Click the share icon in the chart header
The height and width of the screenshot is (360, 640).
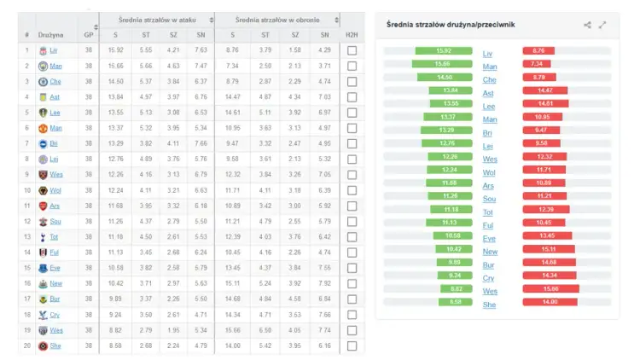[x=587, y=25]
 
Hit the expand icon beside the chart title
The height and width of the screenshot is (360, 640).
[x=602, y=25]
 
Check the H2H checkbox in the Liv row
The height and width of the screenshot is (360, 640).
[x=352, y=51]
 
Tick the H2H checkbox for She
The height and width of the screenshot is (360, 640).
[x=352, y=346]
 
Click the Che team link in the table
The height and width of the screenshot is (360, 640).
[x=55, y=82]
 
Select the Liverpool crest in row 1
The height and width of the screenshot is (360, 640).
[x=41, y=51]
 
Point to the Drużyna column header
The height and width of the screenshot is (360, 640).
[x=50, y=35]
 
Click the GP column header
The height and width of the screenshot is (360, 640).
[x=89, y=35]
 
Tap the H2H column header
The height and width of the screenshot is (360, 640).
[x=352, y=35]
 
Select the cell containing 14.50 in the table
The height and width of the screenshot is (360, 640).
[x=115, y=82]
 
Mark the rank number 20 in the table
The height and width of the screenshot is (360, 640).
[x=26, y=346]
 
